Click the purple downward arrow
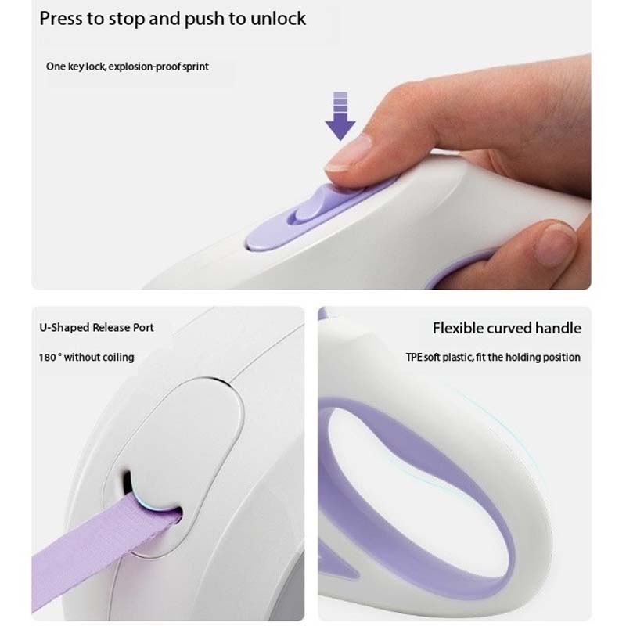[x=340, y=117]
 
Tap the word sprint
[x=193, y=67]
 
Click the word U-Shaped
[x=64, y=327]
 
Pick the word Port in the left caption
[x=142, y=327]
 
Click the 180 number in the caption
[x=47, y=357]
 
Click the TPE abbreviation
[x=414, y=357]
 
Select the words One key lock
[x=75, y=67]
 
